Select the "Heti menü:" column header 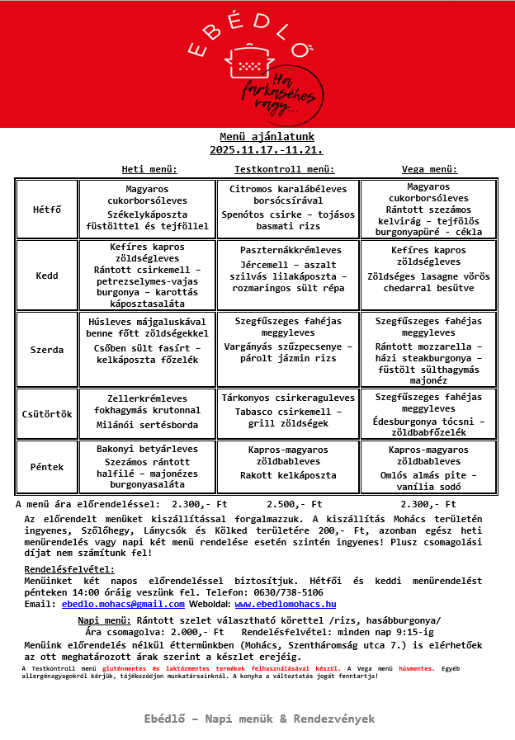point(149,169)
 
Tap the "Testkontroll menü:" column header point(285,169)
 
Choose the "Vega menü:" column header point(429,169)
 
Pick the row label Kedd point(48,276)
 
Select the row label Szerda point(48,350)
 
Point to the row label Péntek point(48,467)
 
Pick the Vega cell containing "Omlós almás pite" point(429,468)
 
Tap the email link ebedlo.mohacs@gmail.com point(123,604)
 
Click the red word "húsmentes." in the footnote point(416,668)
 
